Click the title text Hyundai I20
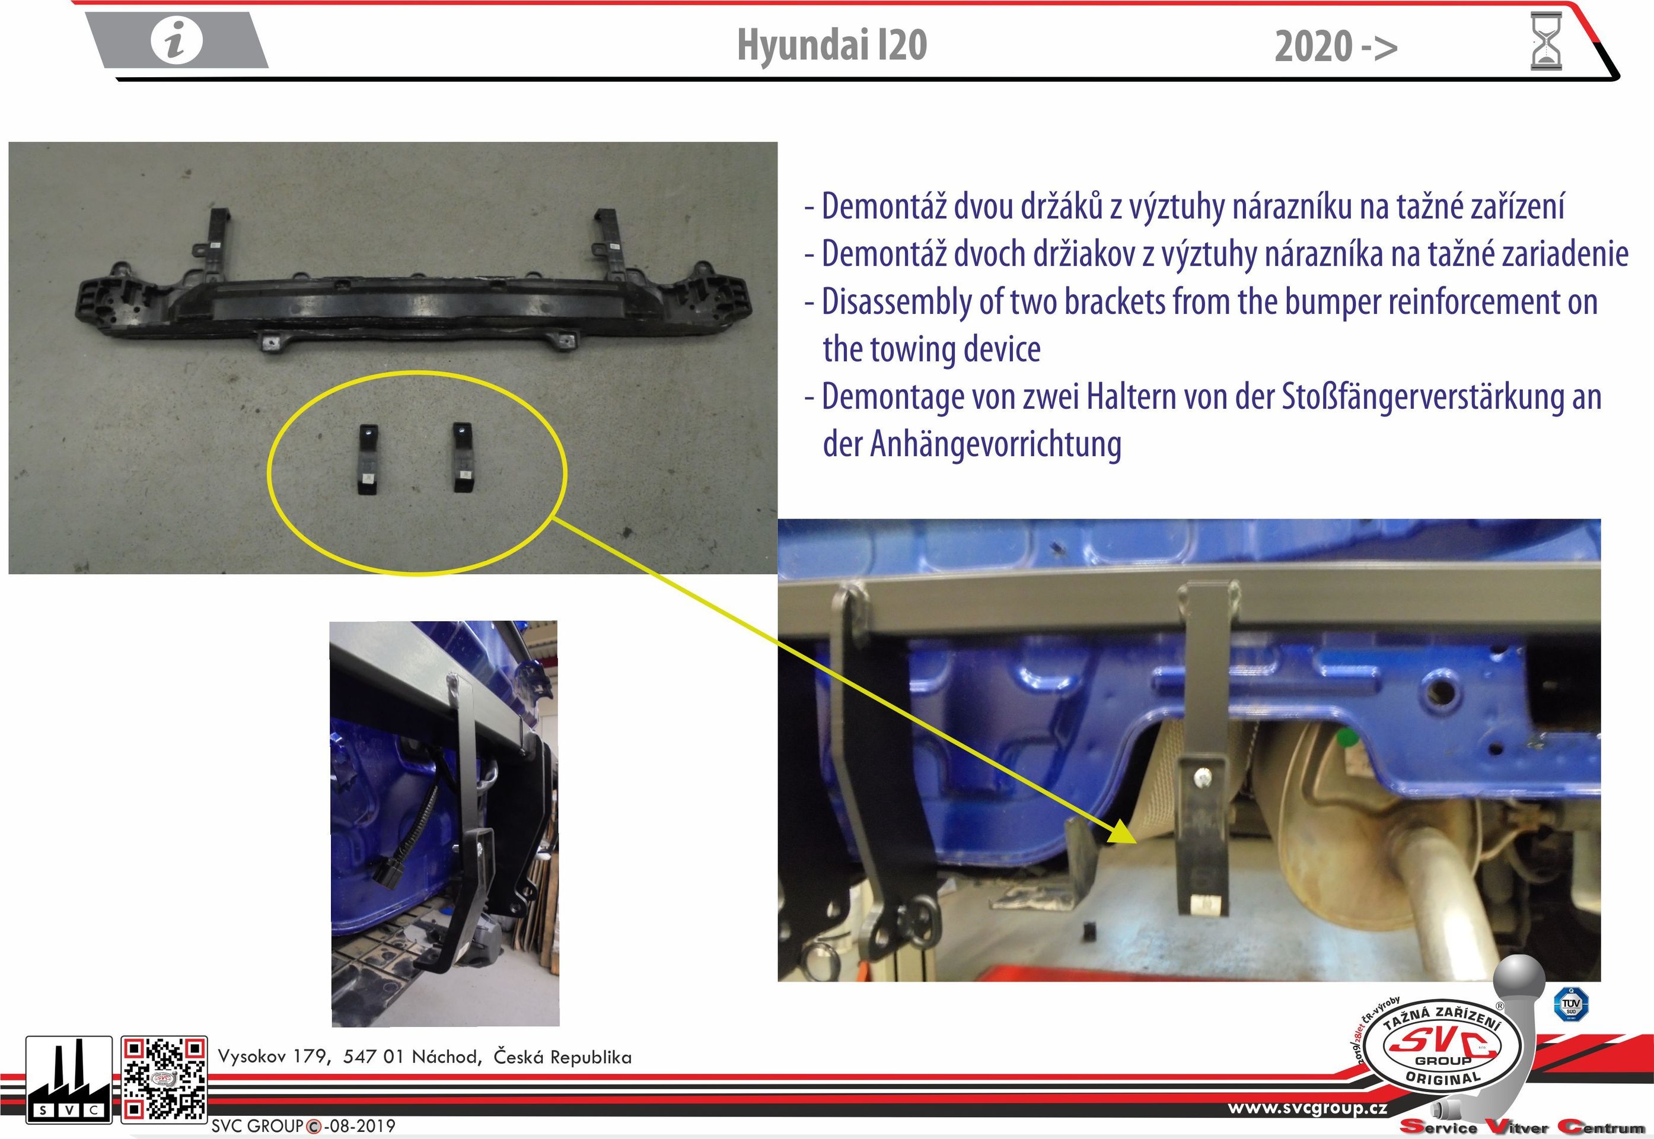[831, 45]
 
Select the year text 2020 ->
[1336, 47]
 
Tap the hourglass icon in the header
[1546, 42]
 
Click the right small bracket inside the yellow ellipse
[464, 457]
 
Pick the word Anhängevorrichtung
[995, 444]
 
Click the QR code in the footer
[164, 1078]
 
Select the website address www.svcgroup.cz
[1308, 1108]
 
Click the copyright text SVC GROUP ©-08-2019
[303, 1126]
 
